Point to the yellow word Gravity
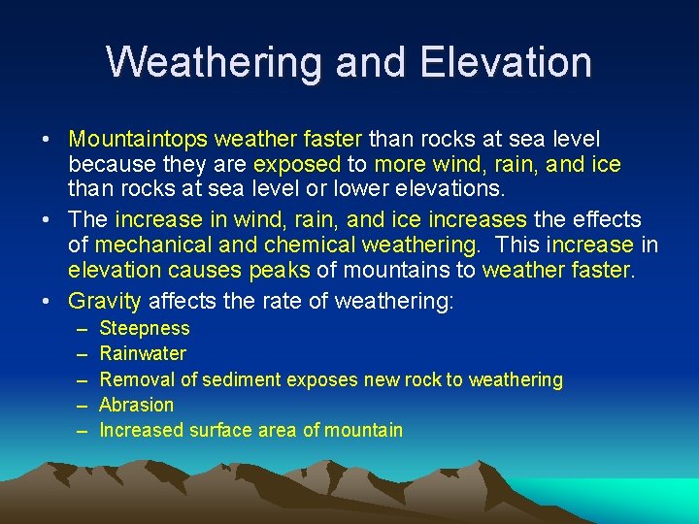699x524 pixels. [x=105, y=302]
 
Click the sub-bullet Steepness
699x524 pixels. [x=145, y=329]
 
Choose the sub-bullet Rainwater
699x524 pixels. [x=143, y=354]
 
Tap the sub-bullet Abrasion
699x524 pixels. [x=137, y=405]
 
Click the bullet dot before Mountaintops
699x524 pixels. [x=47, y=141]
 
